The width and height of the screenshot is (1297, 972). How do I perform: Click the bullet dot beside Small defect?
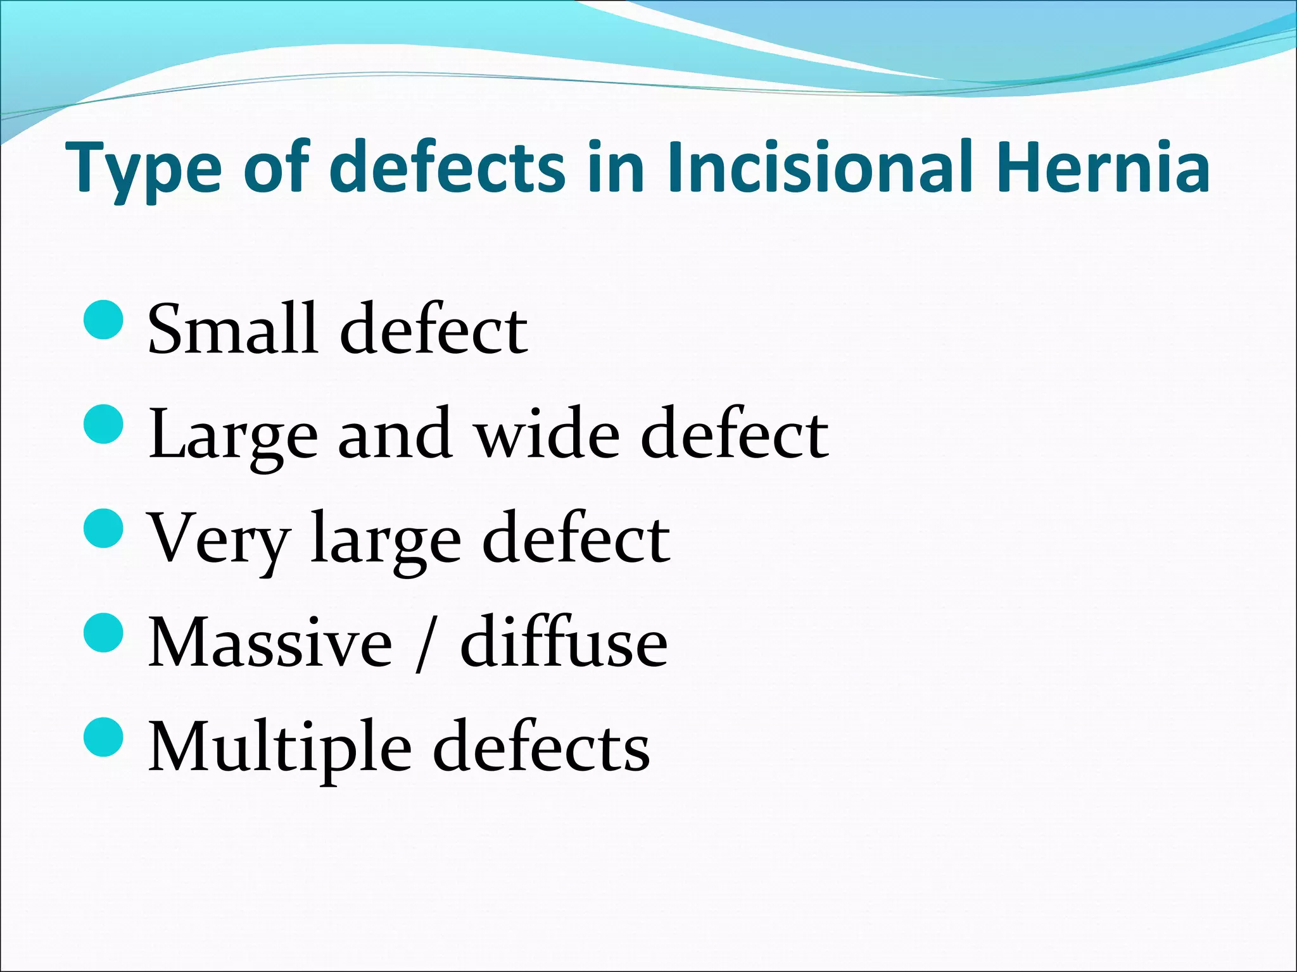[103, 320]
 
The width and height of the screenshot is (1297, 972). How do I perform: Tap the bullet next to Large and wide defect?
[103, 425]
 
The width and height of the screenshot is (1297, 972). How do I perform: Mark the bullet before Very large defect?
[103, 529]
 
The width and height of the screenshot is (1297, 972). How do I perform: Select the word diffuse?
[564, 642]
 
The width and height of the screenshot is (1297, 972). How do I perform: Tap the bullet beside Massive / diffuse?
[103, 633]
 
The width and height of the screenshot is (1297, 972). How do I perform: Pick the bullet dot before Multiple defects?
[103, 737]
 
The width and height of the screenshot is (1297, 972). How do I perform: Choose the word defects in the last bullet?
[541, 747]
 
